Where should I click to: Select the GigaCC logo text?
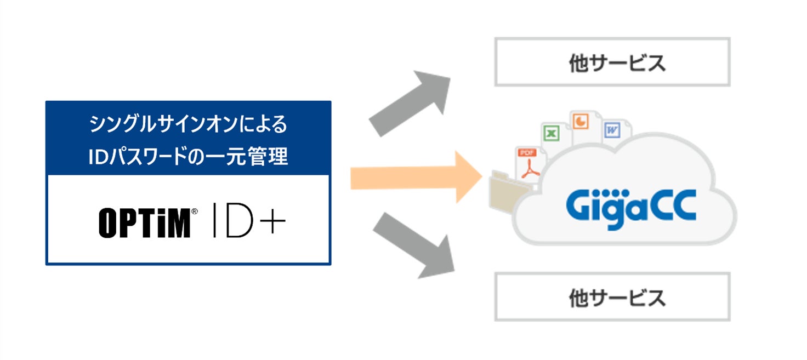coord(630,204)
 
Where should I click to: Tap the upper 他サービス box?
coord(612,62)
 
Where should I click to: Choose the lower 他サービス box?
coord(612,297)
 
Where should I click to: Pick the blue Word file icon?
coord(612,130)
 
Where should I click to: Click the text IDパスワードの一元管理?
coord(188,156)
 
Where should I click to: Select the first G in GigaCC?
coord(579,204)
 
